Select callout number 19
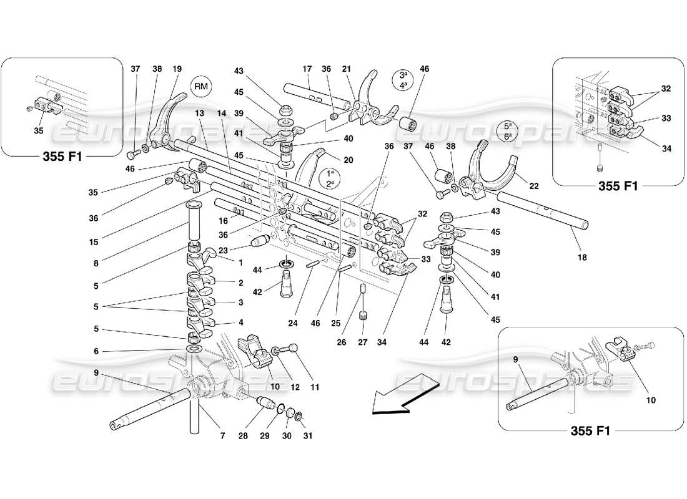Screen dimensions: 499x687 [177, 69]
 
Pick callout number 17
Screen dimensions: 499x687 [307, 69]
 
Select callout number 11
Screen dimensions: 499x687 [315, 387]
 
